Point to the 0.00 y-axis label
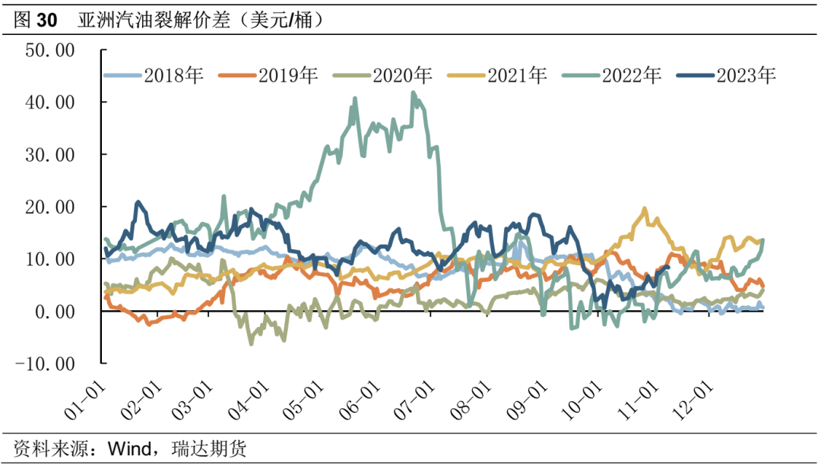point(59,312)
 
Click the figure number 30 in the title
point(46,21)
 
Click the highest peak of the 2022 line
point(413,93)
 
